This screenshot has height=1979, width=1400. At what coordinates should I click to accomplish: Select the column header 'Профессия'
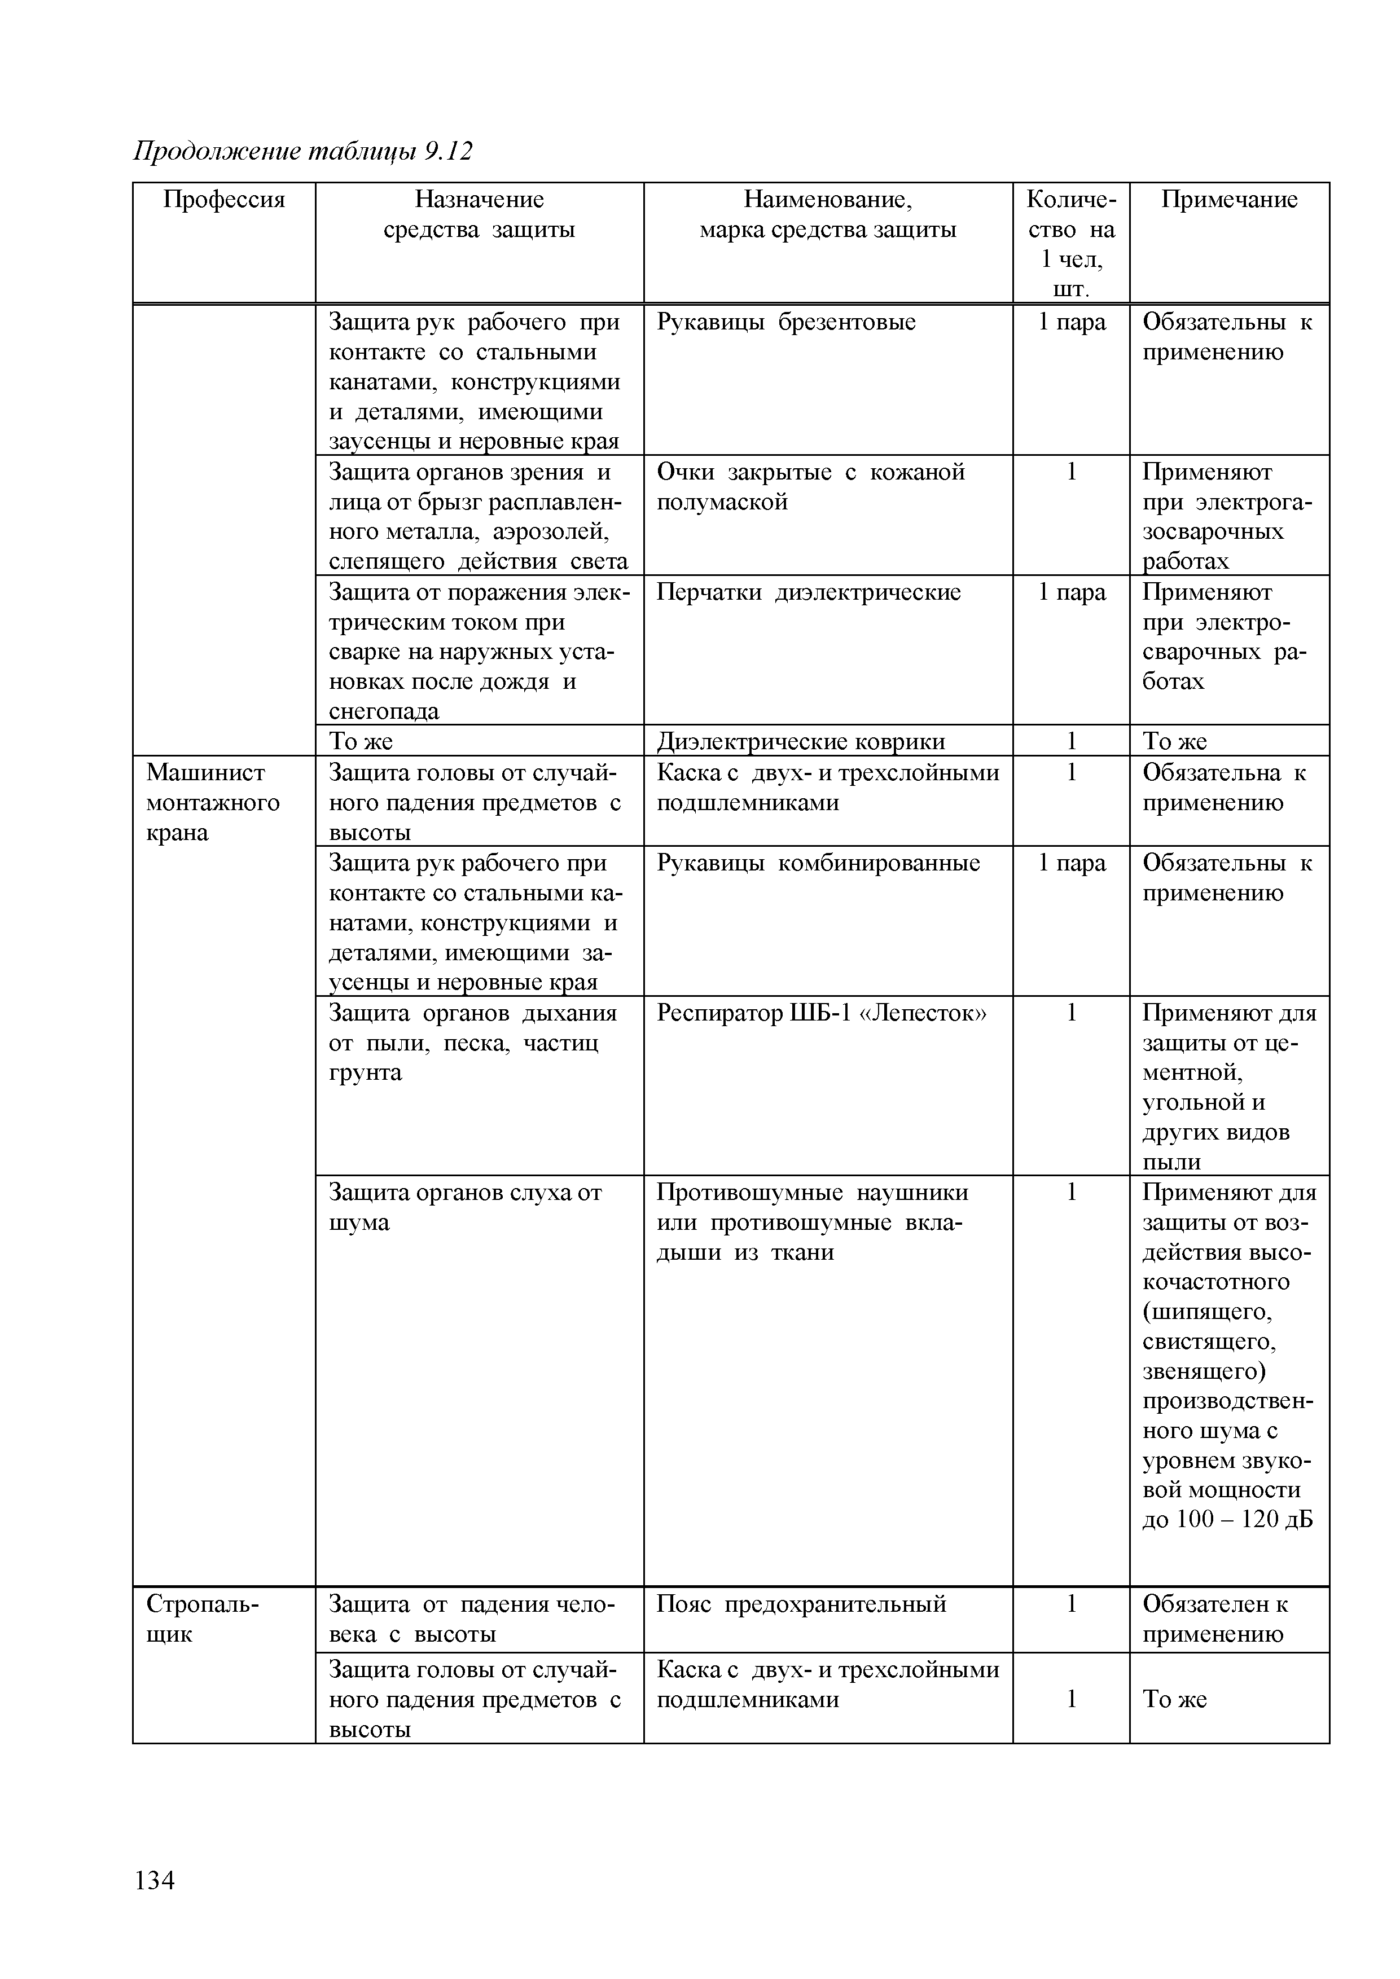click(x=224, y=200)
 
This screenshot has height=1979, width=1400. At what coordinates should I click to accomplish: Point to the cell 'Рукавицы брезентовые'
click(x=786, y=322)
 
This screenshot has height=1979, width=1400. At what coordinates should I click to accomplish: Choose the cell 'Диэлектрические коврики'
click(x=801, y=741)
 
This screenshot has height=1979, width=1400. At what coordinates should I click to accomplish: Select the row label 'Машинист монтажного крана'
click(x=213, y=802)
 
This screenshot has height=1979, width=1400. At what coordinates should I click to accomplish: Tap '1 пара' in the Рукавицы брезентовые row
click(x=1072, y=322)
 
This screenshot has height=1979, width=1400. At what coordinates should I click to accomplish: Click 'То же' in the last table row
click(x=1175, y=1699)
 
